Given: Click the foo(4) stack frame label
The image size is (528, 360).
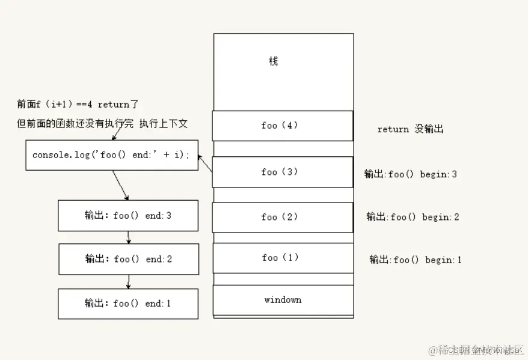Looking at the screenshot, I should (x=280, y=126).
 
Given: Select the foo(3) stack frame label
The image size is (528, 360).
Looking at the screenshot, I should (x=280, y=172).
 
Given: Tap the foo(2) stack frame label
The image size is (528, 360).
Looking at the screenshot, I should (x=280, y=217).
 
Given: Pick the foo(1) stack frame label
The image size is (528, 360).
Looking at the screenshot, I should (x=280, y=258).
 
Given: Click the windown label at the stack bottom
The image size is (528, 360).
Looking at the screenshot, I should (x=283, y=299).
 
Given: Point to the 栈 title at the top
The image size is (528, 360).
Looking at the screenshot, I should (x=273, y=61).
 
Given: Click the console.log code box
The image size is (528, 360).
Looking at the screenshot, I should (x=111, y=155).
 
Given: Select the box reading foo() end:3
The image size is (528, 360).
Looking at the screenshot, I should (x=127, y=215).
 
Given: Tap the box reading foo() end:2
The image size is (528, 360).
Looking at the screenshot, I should (x=128, y=259).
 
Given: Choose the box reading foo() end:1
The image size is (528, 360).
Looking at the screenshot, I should (x=127, y=304).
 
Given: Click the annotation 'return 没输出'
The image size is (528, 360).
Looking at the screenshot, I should (x=410, y=129).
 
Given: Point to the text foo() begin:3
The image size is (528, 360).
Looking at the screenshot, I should (x=410, y=174).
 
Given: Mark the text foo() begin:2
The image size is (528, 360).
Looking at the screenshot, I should (x=413, y=217).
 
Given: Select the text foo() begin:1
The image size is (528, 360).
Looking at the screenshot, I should (x=415, y=260).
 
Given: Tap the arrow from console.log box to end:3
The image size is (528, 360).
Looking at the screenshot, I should (x=121, y=185).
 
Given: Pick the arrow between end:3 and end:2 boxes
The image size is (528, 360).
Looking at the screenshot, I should (x=129, y=238).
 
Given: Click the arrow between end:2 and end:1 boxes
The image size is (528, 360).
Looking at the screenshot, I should (x=128, y=281).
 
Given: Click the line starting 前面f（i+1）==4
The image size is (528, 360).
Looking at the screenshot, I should (x=78, y=105).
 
